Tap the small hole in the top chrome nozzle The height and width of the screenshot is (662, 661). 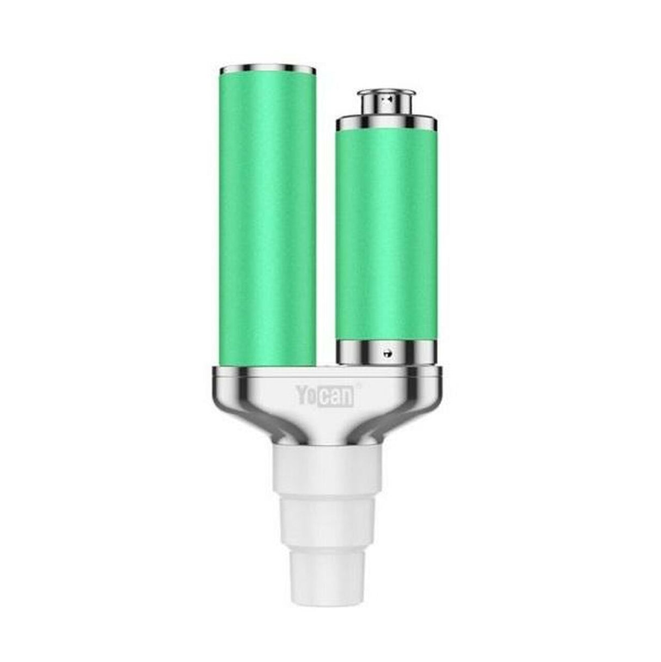[385, 100]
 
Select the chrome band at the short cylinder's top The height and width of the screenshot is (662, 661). [386, 124]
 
